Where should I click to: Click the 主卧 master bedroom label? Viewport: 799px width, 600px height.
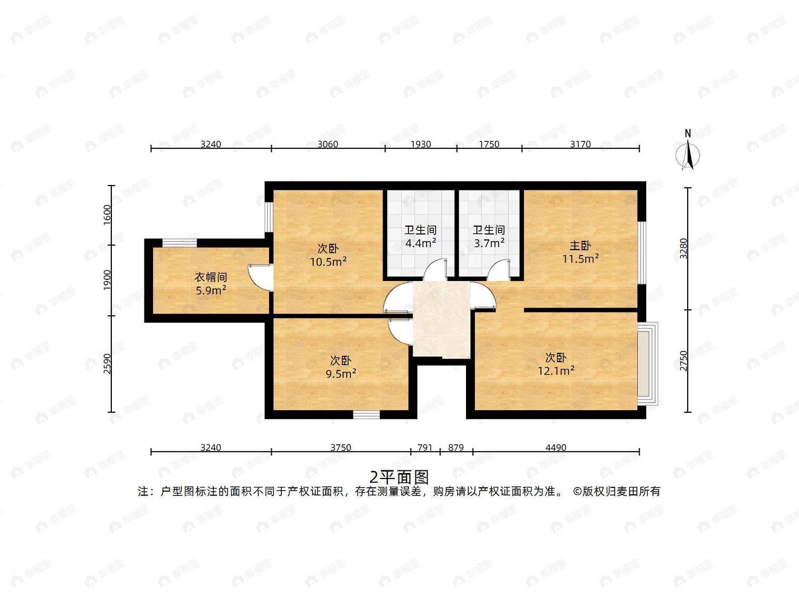point(580,246)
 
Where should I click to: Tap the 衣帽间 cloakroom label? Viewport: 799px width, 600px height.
point(211,277)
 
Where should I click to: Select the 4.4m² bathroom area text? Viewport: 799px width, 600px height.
point(421,243)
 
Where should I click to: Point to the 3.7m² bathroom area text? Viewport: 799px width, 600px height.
point(489,243)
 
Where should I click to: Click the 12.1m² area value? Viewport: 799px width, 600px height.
point(556,371)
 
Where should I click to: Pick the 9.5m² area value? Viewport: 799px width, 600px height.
point(341,374)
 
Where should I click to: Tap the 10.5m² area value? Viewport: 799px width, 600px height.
point(328,261)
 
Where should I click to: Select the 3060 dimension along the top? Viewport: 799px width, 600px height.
point(328,144)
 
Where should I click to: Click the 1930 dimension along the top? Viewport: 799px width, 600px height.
point(421,144)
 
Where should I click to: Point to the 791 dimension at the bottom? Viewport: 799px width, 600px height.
point(425,447)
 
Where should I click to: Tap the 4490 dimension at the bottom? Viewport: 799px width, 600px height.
point(556,447)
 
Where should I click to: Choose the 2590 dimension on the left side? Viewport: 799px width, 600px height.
point(107,364)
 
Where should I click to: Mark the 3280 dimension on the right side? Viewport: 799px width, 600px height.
point(683,249)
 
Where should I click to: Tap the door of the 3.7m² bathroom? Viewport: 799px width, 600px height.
point(499,269)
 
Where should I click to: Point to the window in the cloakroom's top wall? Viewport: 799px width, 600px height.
point(180,243)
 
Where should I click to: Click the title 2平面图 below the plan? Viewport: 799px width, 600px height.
point(399,477)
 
